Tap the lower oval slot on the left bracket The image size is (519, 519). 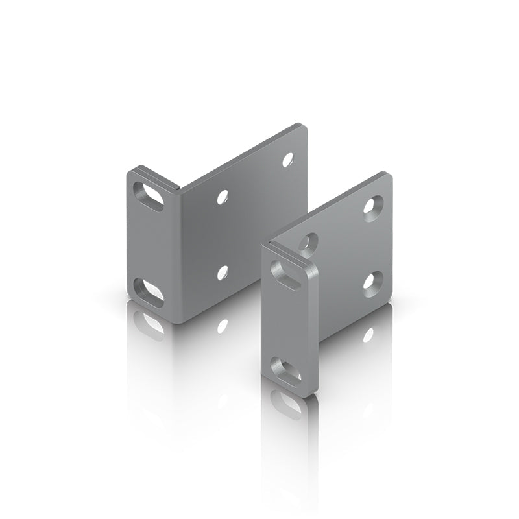[150, 290]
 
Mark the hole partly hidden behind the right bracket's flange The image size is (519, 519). [307, 243]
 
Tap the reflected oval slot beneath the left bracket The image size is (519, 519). [151, 322]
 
